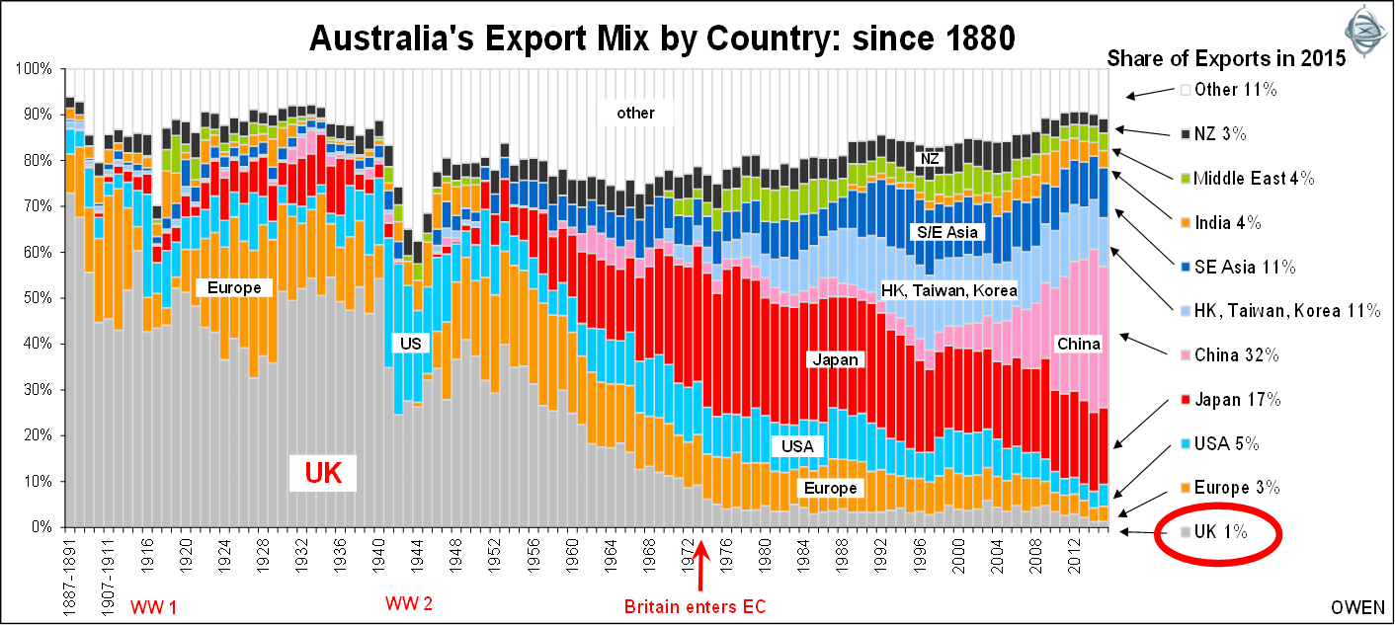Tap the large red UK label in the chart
coord(323,474)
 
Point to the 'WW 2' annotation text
coord(407,603)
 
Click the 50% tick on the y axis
coord(37,298)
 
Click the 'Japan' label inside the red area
coord(836,360)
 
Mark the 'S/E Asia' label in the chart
coord(944,232)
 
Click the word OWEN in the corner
coord(1357,606)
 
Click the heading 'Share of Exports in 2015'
coord(1226,58)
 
